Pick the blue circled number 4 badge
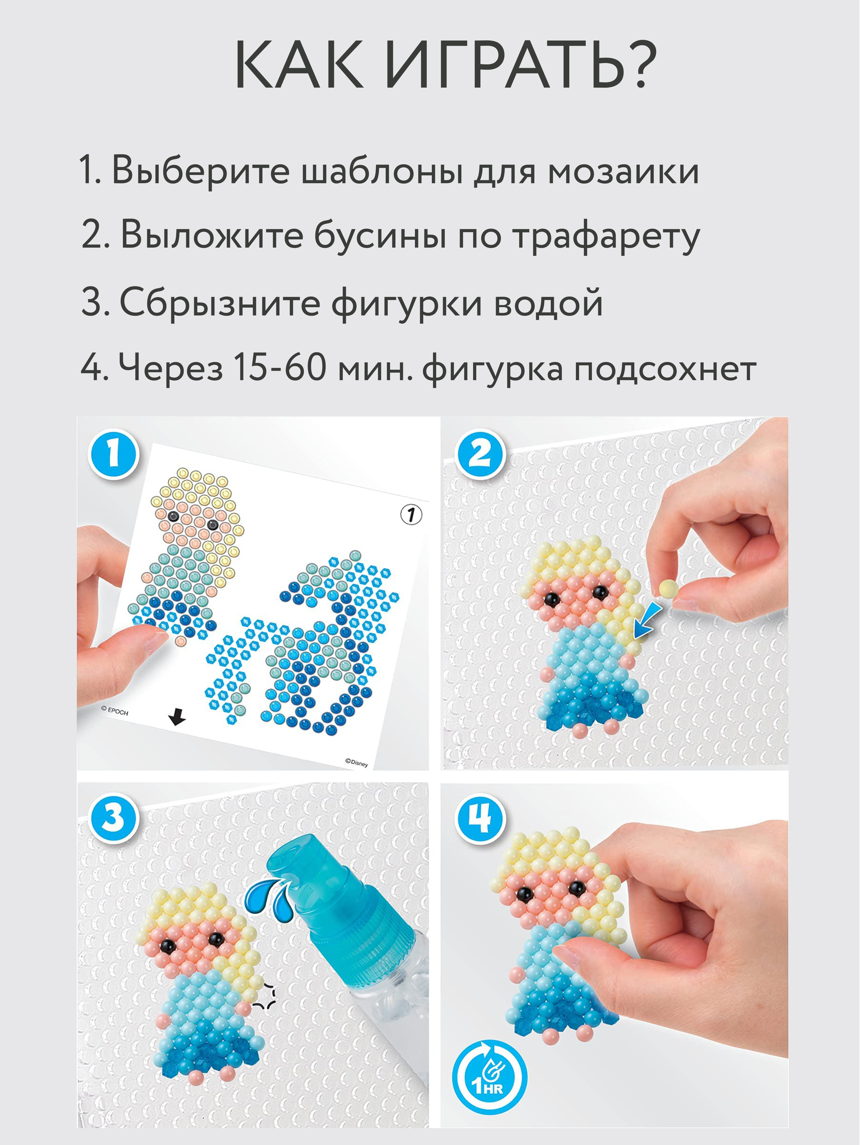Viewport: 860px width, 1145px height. [480, 819]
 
